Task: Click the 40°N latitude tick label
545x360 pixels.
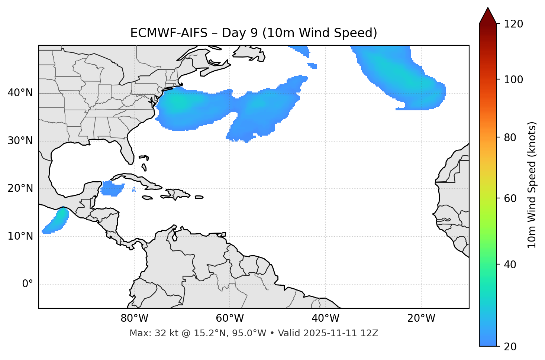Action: (20, 93)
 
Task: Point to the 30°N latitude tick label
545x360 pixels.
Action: (20, 141)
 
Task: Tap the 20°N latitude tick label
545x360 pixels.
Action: (20, 188)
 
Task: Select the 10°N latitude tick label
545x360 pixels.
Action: (20, 236)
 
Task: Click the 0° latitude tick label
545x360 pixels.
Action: (27, 284)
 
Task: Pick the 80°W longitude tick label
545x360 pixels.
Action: (134, 318)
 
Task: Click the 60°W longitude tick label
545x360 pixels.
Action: (230, 318)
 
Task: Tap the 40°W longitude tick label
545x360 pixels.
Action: (325, 318)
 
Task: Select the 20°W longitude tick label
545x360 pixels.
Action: (421, 318)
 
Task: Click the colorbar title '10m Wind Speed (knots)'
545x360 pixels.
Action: (532, 185)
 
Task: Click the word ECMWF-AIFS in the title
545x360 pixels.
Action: (168, 33)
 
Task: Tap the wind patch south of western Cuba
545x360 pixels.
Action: (111, 188)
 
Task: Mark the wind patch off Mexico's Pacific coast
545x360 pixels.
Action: (56, 221)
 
